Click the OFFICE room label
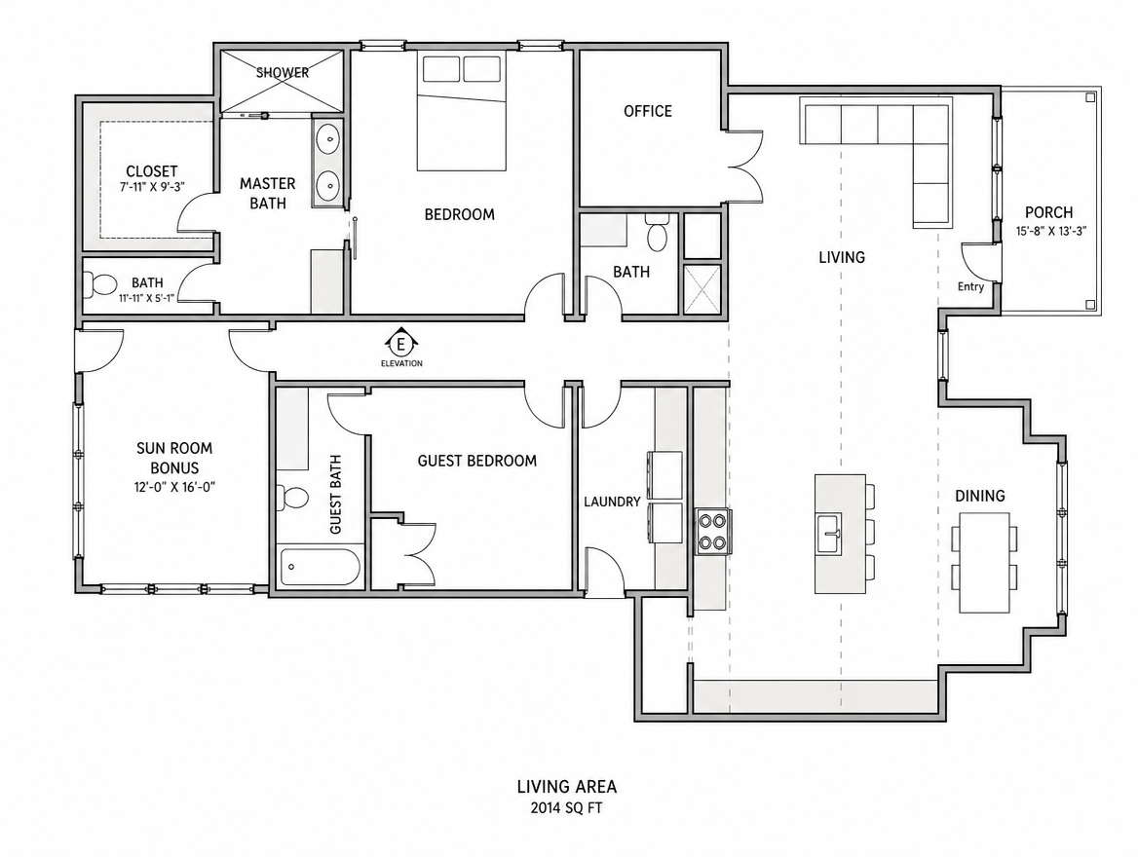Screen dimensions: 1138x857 pyautogui.click(x=647, y=111)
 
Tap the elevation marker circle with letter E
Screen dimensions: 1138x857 pyautogui.click(x=401, y=343)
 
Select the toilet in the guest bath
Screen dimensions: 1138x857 pyautogui.click(x=294, y=497)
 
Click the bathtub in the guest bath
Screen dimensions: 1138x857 pyautogui.click(x=320, y=568)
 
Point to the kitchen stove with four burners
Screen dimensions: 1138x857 pyautogui.click(x=713, y=531)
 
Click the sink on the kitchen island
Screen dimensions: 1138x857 pyautogui.click(x=828, y=534)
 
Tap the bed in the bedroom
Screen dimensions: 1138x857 pyautogui.click(x=461, y=111)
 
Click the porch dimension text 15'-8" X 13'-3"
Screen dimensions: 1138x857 pyautogui.click(x=1051, y=232)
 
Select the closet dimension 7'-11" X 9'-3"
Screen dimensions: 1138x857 pyautogui.click(x=152, y=186)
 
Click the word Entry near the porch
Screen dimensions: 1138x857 pyautogui.click(x=970, y=286)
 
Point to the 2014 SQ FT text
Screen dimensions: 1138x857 pyautogui.click(x=566, y=807)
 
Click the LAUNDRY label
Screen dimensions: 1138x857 pyautogui.click(x=612, y=502)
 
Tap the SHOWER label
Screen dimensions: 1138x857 pyautogui.click(x=283, y=73)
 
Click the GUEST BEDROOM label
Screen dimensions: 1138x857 pyautogui.click(x=476, y=461)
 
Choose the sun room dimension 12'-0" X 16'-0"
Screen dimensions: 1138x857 pyautogui.click(x=174, y=488)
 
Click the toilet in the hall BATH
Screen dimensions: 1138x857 pyautogui.click(x=658, y=232)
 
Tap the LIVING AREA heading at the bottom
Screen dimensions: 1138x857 pyautogui.click(x=567, y=787)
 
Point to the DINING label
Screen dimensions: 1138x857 pyautogui.click(x=980, y=497)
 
